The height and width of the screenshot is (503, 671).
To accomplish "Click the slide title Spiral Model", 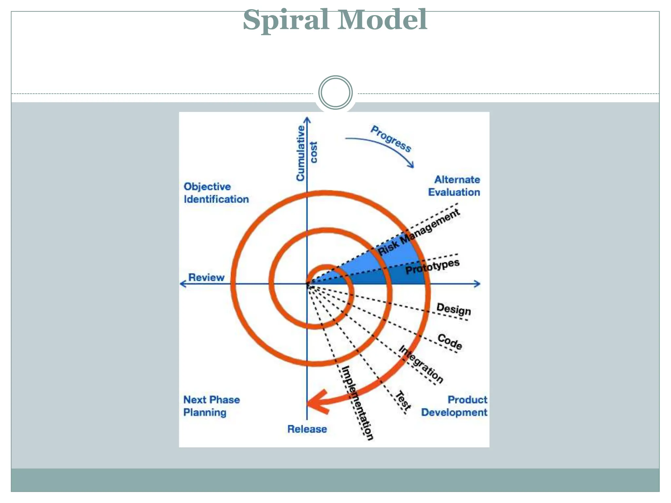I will coord(335,20).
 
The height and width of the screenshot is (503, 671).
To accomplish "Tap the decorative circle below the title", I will coord(335,93).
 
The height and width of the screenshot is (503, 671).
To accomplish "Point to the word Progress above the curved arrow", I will coord(391,139).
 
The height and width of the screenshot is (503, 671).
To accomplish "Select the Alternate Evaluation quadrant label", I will coord(454,186).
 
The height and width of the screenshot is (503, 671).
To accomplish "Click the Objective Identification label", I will coord(216,193).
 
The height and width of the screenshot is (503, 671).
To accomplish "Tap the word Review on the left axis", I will coord(206,277).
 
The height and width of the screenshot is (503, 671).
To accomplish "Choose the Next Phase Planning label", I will coord(211,406).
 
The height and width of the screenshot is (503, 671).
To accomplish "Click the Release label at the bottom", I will coord(307,429).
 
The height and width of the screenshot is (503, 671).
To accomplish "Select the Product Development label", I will coord(454,406).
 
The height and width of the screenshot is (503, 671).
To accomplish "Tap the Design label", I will coord(453,309).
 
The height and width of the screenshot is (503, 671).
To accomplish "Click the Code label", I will coord(450,342).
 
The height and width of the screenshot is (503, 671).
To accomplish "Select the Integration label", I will coord(421,364).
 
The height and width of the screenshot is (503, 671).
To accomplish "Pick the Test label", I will coord(403,401).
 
